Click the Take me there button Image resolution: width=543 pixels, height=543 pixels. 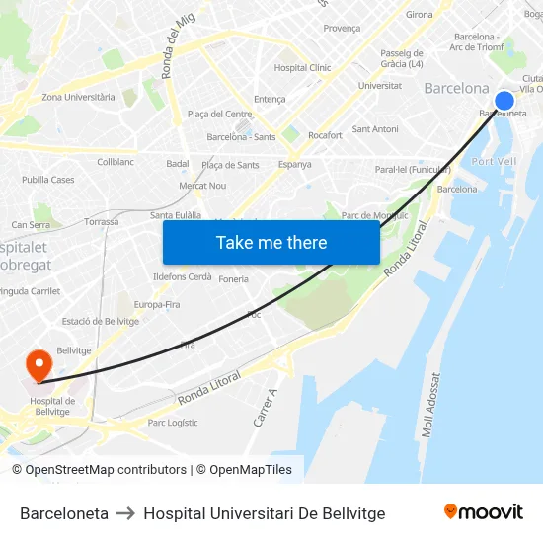click(x=271, y=242)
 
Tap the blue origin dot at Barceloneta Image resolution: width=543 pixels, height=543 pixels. click(x=504, y=101)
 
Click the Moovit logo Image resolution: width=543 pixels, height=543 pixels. click(x=483, y=512)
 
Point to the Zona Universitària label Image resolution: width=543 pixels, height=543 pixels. click(x=78, y=97)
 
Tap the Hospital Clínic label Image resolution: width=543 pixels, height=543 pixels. click(x=302, y=68)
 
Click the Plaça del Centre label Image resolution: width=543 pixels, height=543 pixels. click(x=219, y=115)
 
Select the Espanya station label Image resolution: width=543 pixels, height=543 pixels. click(x=294, y=165)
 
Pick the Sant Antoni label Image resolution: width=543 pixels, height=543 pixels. click(x=375, y=129)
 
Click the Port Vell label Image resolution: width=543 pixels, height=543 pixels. click(x=494, y=161)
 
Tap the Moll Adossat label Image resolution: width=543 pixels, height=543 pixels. click(x=430, y=406)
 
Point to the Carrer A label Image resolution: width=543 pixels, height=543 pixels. click(x=265, y=407)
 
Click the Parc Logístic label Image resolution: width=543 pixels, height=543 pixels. click(x=173, y=423)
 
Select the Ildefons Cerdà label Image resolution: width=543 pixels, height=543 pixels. click(x=183, y=276)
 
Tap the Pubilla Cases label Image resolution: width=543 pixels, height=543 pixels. click(x=48, y=180)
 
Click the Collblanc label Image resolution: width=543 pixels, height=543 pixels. click(x=115, y=162)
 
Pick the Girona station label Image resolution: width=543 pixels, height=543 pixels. click(x=420, y=15)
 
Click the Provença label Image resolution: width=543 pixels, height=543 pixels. click(x=342, y=29)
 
